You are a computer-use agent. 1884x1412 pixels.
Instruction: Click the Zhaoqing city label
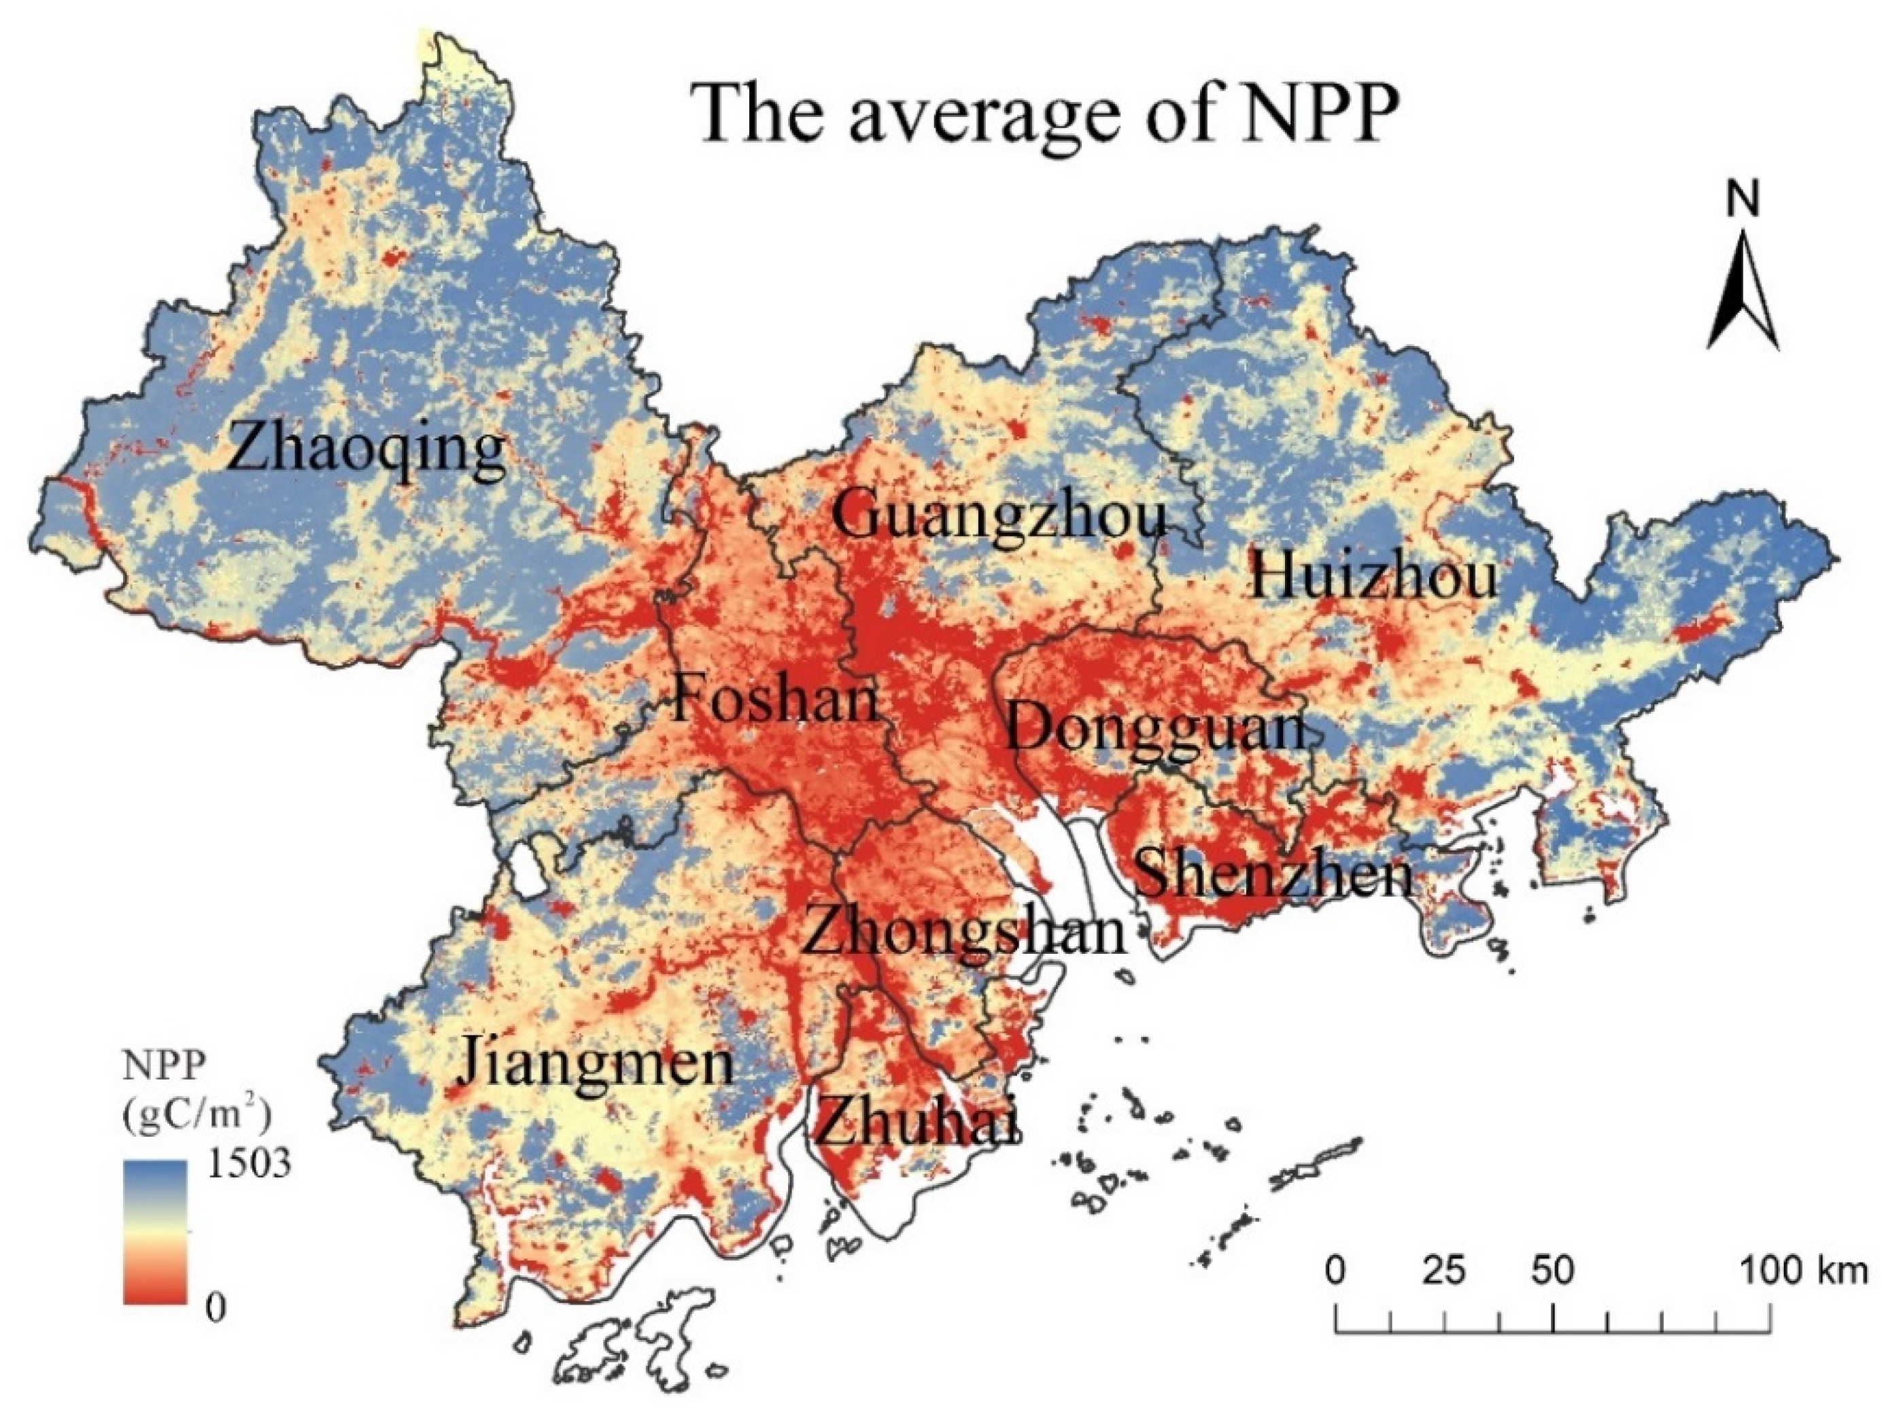(x=366, y=451)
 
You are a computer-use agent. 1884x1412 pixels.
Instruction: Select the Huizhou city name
(x=1373, y=577)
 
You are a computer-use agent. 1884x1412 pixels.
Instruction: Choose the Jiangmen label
(x=596, y=1065)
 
